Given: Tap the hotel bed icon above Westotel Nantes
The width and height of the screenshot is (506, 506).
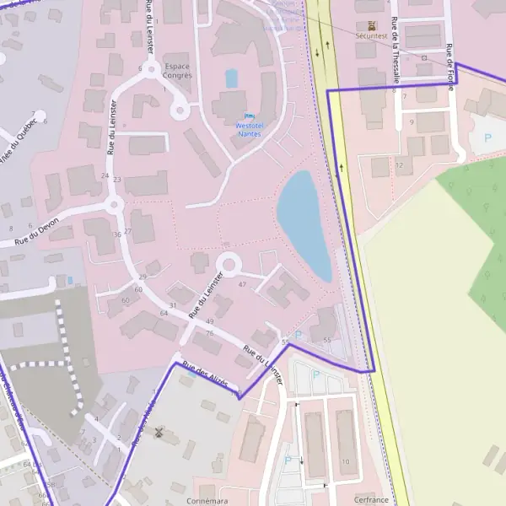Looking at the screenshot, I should tap(248, 116).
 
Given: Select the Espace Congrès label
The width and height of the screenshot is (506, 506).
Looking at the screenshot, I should tap(178, 70).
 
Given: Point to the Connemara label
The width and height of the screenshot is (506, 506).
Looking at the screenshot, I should tap(207, 500).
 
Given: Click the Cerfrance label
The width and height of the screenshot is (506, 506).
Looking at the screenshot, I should tap(371, 499).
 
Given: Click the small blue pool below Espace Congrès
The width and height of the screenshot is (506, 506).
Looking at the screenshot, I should tap(231, 78).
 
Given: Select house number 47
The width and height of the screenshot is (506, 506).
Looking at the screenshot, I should tap(242, 284).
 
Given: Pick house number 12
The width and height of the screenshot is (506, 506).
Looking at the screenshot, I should tap(398, 164).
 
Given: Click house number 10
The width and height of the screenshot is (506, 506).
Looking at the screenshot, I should tap(346, 461).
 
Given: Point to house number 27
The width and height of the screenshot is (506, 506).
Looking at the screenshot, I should tap(128, 231).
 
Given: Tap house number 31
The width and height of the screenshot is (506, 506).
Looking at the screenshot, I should tap(173, 305).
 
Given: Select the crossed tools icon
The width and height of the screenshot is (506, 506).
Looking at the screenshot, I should tap(158, 433).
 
